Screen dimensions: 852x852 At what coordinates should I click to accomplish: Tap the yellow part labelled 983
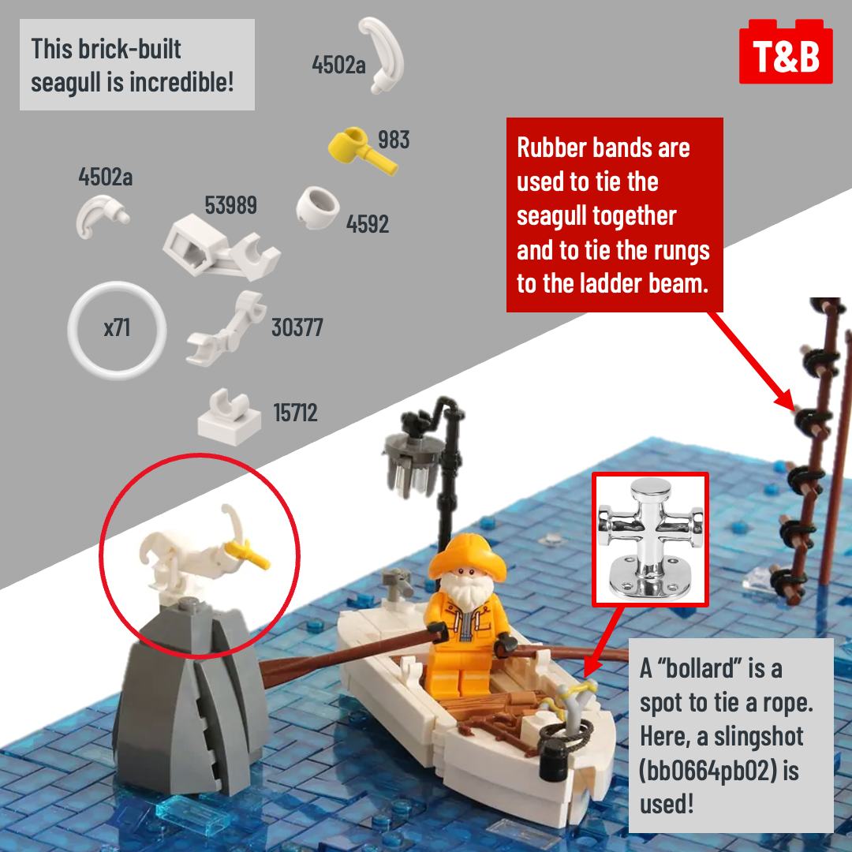[361, 149]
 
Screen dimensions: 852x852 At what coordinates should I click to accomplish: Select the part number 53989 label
[231, 205]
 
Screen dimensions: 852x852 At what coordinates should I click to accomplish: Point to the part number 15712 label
[295, 413]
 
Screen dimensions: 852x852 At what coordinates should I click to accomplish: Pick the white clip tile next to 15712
[229, 417]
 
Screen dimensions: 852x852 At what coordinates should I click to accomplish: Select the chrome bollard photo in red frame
[650, 539]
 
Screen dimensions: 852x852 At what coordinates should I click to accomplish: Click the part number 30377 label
[297, 327]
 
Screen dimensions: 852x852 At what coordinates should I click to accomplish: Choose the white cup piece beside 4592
[317, 207]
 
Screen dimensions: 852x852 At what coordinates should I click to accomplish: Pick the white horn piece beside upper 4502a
[383, 54]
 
